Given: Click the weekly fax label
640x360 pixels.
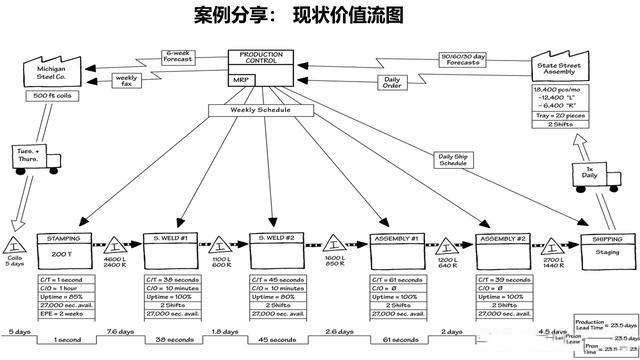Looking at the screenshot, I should point(127,78).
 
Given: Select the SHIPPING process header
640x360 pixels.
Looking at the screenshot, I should point(606,239).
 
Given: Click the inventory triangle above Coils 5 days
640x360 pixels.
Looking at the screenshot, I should point(17,245).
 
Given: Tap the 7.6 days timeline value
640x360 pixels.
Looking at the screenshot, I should point(119,331).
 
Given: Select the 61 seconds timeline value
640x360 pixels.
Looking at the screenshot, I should point(397,340).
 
